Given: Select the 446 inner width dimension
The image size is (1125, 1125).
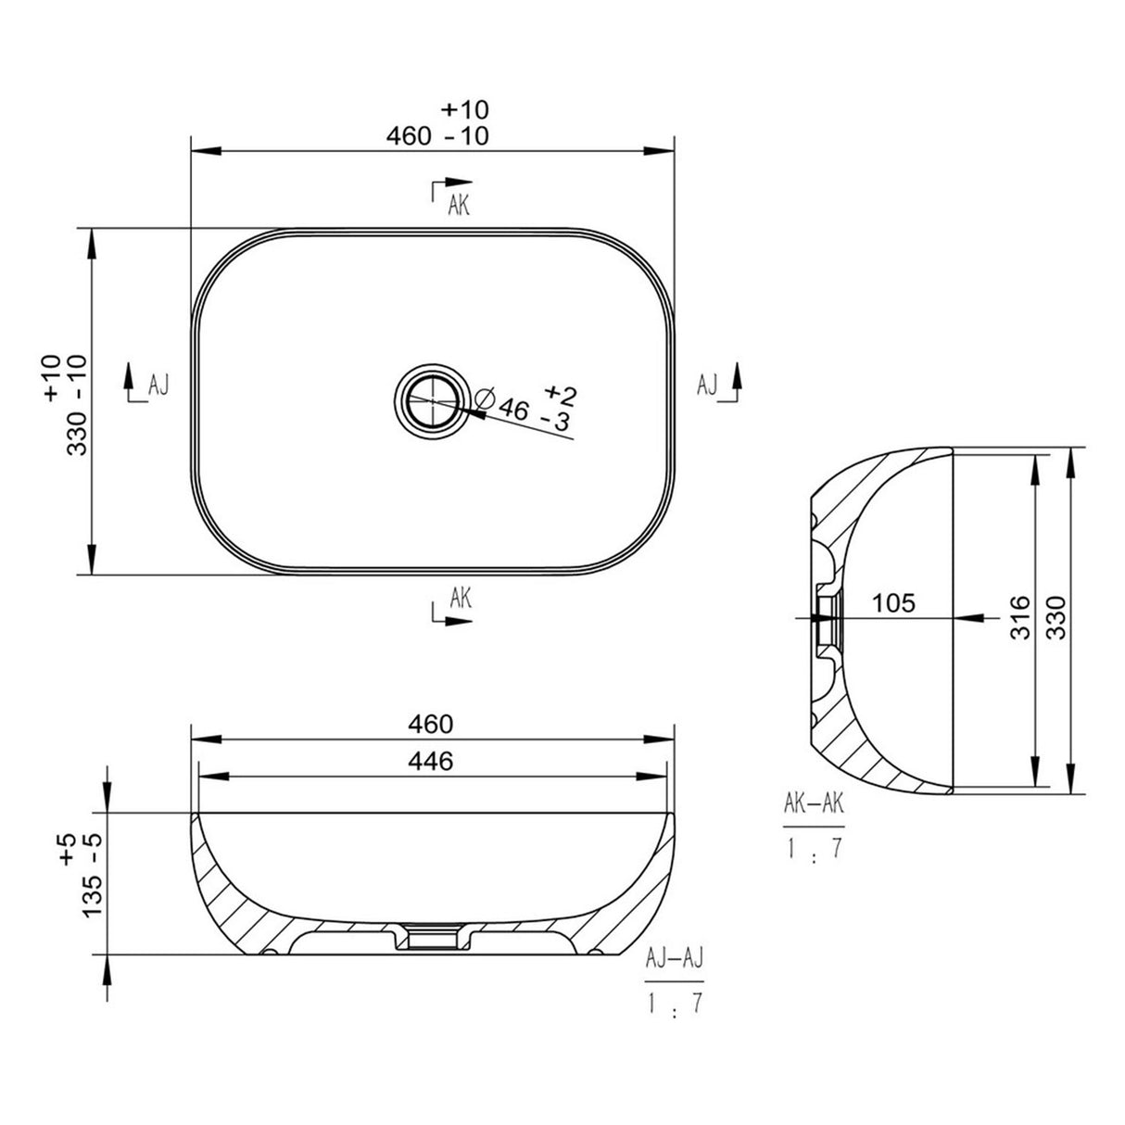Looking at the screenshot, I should tap(432, 762).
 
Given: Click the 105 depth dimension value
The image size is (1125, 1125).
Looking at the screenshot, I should tap(893, 603).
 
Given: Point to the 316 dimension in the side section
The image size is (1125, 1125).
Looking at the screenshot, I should tap(1019, 617).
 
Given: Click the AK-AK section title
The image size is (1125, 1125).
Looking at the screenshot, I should tap(814, 803).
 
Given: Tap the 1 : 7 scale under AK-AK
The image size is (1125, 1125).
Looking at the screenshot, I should tap(814, 848).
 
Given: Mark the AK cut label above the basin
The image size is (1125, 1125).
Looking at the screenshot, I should tap(459, 206).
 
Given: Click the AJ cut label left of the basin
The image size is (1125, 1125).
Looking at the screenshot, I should tap(158, 385).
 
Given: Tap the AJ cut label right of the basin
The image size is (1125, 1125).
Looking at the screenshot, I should tap(707, 385).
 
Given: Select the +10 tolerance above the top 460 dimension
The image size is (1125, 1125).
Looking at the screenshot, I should tap(464, 109).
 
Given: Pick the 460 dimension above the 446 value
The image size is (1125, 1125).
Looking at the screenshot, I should tap(432, 723).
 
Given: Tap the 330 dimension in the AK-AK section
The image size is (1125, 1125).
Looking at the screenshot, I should tap(1058, 617).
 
